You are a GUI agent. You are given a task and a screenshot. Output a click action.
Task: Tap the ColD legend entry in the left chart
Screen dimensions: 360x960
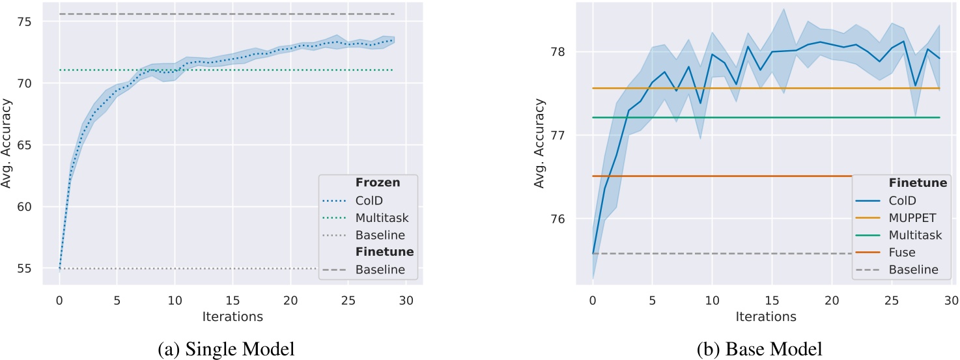[x=370, y=201]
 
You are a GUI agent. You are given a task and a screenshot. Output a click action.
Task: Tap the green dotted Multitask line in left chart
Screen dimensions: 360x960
[x=195, y=70]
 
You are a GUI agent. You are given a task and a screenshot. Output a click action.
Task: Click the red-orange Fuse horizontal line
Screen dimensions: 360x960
[x=716, y=176]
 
